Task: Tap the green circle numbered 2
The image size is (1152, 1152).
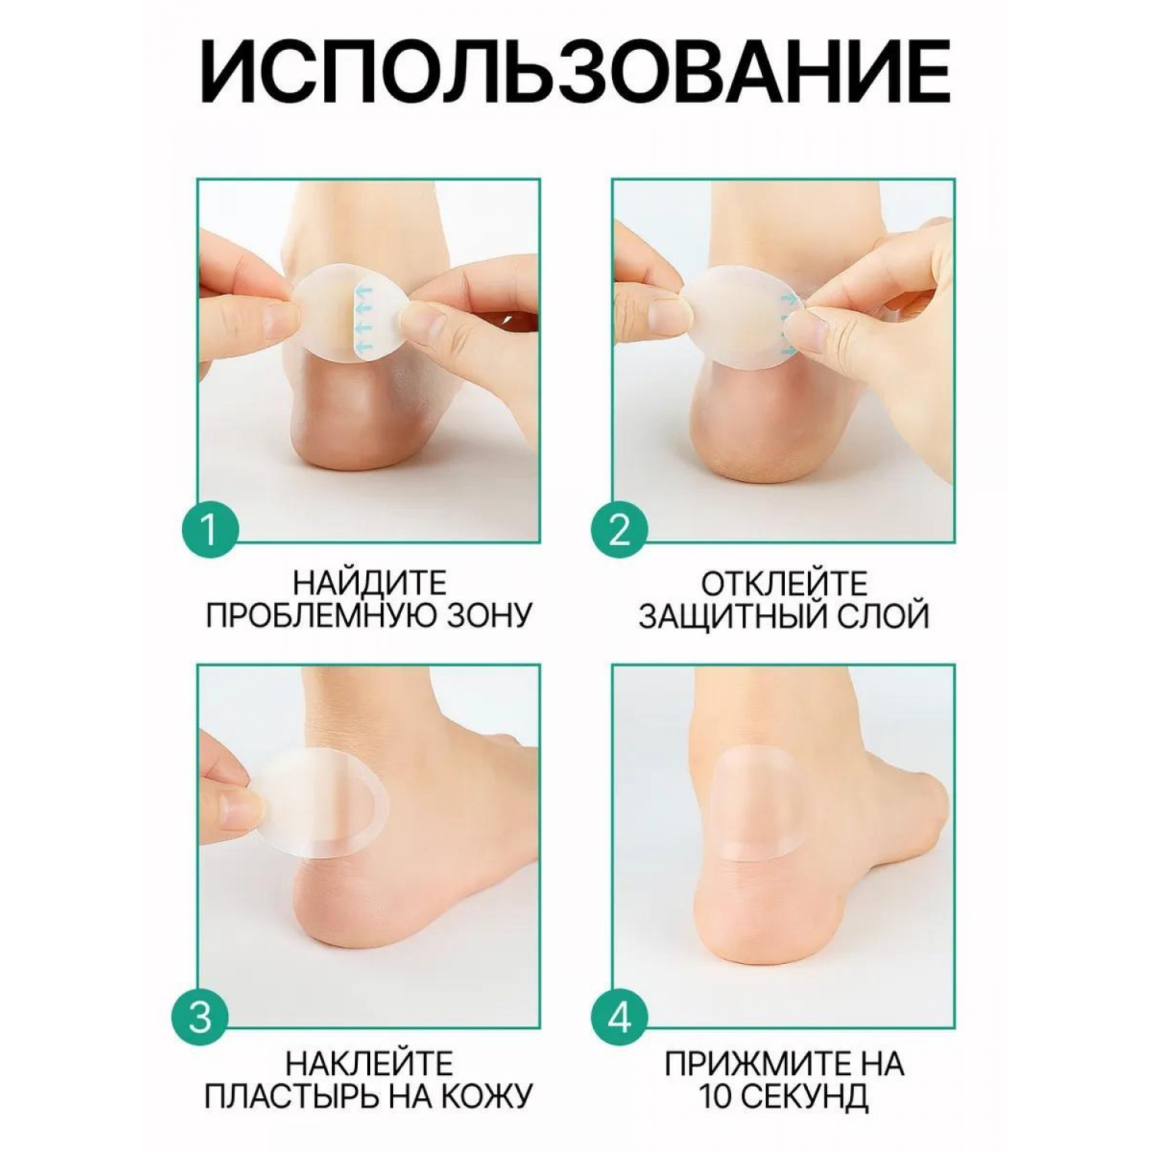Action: click(x=619, y=530)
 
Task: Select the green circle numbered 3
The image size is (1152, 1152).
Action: click(x=199, y=1018)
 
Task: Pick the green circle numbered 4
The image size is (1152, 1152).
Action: click(x=619, y=1018)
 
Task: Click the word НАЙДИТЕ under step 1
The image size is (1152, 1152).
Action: click(x=369, y=584)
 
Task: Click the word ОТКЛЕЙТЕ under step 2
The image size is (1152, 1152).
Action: click(x=783, y=584)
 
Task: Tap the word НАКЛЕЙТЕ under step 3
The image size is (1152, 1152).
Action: click(x=369, y=1064)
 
